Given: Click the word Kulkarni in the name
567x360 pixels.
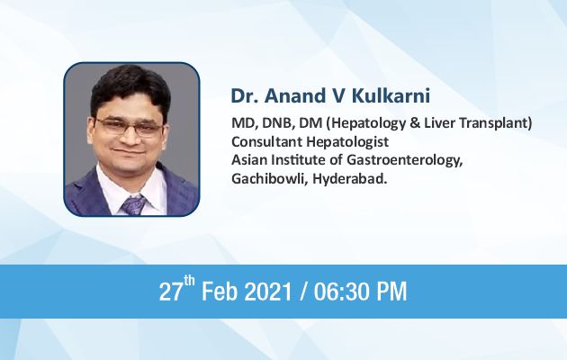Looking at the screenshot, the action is (x=391, y=95).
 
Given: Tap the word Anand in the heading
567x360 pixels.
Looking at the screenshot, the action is (x=295, y=95).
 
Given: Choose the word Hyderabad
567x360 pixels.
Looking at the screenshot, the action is (x=350, y=179).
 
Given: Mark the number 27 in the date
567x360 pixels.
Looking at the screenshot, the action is (x=171, y=292).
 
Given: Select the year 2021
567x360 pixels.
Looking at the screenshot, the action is (x=268, y=292).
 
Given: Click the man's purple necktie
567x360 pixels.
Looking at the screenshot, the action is (x=133, y=205).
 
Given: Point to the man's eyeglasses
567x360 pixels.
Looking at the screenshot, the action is (x=129, y=126).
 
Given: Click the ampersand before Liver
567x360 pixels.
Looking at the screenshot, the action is (x=415, y=123).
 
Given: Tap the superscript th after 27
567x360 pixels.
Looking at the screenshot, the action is (x=189, y=281).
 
